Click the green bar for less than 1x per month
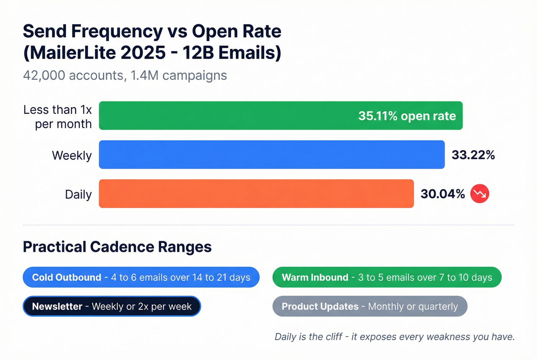[230, 115]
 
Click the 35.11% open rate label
[407, 116]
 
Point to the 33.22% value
[473, 155]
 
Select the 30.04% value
[443, 194]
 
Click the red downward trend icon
[480, 194]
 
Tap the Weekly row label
[72, 155]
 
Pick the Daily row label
[78, 194]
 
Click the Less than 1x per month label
[58, 117]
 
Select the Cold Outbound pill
[141, 277]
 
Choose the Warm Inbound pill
[387, 277]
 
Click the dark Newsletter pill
[112, 306]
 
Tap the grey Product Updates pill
[370, 306]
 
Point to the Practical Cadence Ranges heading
[117, 247]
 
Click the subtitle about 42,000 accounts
[125, 76]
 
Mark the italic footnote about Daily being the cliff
[394, 337]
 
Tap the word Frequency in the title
[117, 31]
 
